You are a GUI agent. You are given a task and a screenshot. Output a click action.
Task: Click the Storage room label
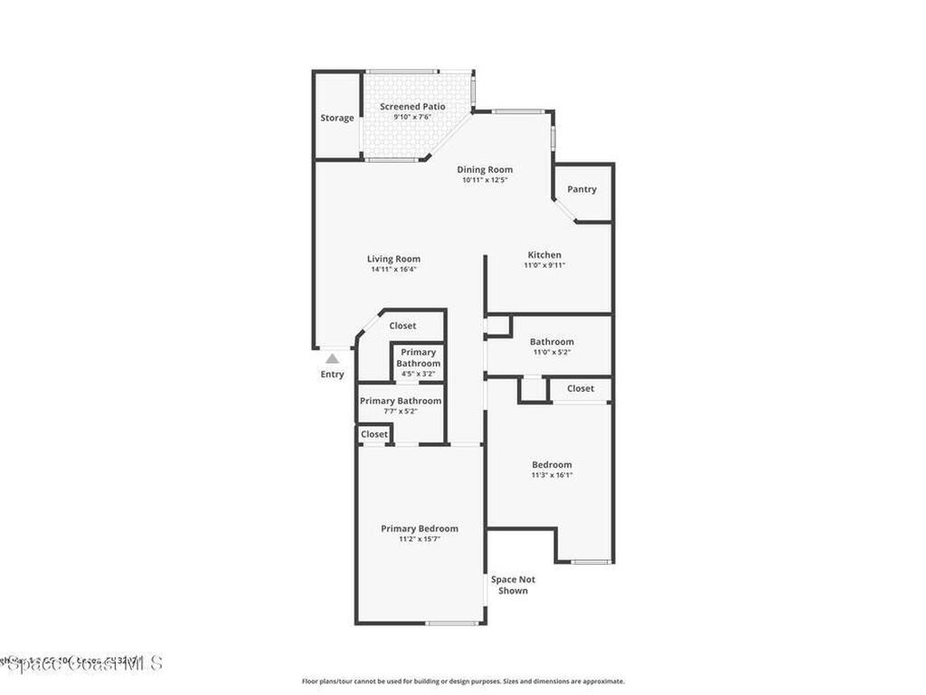tap(337, 118)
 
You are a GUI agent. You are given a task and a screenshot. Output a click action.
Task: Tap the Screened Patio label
tap(412, 107)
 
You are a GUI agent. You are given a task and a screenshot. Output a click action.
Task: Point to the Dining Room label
tap(485, 169)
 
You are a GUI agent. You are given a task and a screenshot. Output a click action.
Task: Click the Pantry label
tap(581, 189)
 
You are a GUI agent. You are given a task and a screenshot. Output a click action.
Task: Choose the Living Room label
tap(393, 259)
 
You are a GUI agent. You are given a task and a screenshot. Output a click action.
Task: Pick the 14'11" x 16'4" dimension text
tap(393, 270)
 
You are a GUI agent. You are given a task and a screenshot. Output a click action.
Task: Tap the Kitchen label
tap(544, 255)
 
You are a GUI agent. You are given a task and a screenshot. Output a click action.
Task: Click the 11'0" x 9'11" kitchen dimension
tap(544, 266)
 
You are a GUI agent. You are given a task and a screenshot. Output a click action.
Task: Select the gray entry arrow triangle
tap(332, 359)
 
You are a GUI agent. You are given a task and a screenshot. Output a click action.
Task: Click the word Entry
tap(332, 375)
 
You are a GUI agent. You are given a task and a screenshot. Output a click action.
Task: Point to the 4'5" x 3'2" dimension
tap(418, 374)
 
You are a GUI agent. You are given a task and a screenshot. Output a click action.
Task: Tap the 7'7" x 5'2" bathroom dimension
tap(401, 412)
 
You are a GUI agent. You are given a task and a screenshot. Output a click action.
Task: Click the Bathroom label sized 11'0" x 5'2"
tap(552, 341)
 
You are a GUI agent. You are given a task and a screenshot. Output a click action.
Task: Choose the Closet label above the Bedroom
tap(581, 388)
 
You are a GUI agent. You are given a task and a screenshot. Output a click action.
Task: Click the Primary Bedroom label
tap(419, 528)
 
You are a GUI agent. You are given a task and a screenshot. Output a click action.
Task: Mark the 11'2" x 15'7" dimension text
tap(419, 539)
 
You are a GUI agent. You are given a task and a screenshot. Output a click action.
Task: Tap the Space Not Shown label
tap(513, 585)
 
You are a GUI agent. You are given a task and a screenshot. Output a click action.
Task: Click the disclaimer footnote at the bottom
tap(462, 681)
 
